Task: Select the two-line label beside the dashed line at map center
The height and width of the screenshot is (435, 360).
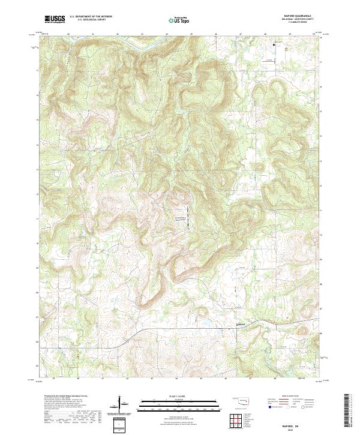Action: point(181,218)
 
